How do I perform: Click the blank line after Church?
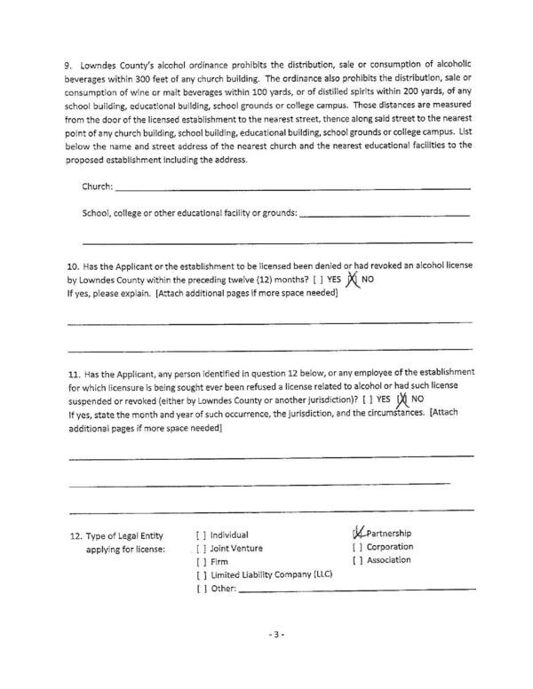click(293, 187)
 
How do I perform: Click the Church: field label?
click(98, 187)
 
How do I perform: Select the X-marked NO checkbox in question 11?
click(402, 399)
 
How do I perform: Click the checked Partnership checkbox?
click(358, 533)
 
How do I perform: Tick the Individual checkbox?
click(200, 535)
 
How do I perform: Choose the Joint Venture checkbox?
click(200, 548)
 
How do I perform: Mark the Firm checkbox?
click(200, 562)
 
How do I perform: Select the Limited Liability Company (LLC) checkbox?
click(200, 575)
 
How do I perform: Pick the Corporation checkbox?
click(357, 547)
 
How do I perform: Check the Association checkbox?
click(357, 560)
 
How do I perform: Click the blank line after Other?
click(355, 589)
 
